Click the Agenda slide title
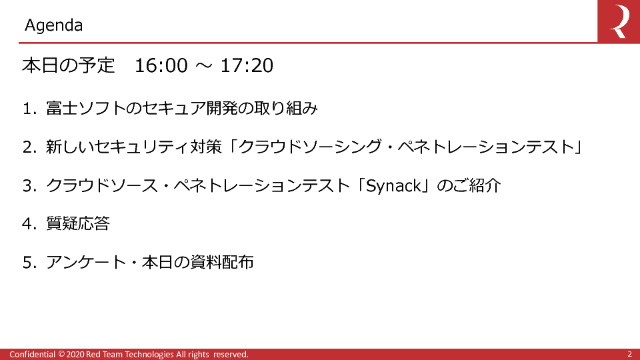tap(53, 25)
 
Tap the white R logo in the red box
tap(619, 21)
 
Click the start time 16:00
tap(161, 65)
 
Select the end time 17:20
tap(247, 65)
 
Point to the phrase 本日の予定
tap(69, 65)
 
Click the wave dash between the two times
tap(204, 65)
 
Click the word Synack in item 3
tap(394, 186)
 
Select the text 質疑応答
tap(78, 224)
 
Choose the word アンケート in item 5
tap(86, 262)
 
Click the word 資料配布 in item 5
tap(221, 262)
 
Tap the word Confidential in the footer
tap(32, 354)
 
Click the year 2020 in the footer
tap(75, 354)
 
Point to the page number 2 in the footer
tap(630, 354)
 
